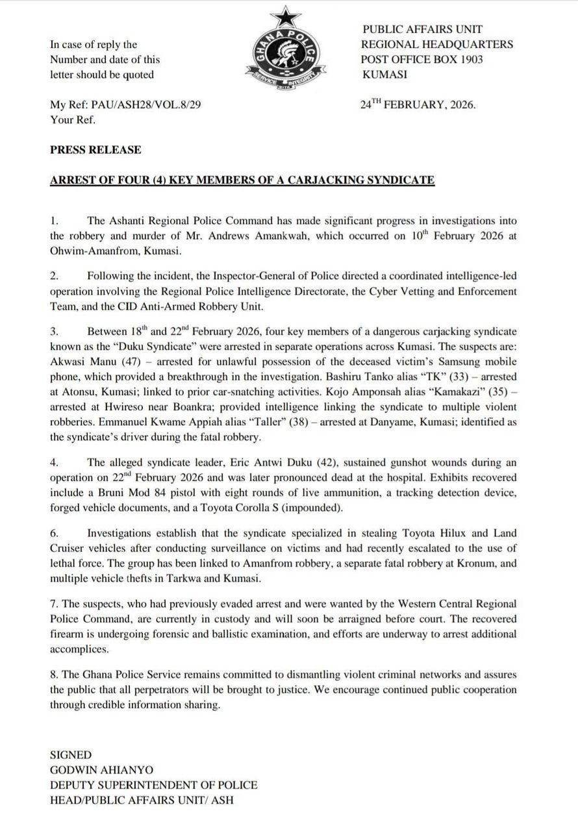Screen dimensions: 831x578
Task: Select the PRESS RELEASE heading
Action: click(95, 150)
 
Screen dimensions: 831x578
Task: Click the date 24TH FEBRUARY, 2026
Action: click(418, 105)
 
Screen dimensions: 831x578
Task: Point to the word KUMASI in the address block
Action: click(384, 75)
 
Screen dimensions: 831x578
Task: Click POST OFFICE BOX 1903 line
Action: click(421, 60)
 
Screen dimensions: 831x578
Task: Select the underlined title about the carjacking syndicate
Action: click(242, 180)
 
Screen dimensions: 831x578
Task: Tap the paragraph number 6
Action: click(54, 533)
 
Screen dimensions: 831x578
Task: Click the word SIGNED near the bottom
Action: click(71, 755)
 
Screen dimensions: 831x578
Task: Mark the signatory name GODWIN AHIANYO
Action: click(102, 770)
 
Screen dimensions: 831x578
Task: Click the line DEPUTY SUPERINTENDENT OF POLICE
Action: click(154, 785)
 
